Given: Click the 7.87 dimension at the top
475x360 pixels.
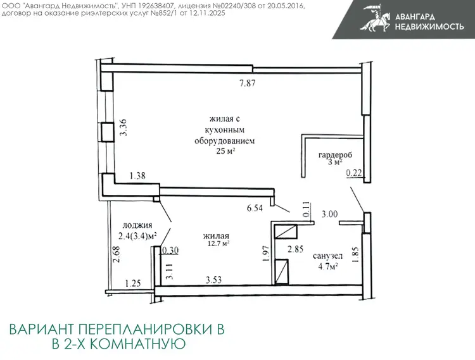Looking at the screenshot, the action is pyautogui.click(x=248, y=83).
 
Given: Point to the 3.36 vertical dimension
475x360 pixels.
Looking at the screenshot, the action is pyautogui.click(x=123, y=127).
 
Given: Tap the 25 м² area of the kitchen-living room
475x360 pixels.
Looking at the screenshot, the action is pyautogui.click(x=225, y=151).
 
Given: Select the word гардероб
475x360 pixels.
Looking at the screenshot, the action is pyautogui.click(x=335, y=155).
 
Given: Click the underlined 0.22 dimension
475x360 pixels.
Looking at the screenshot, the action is pyautogui.click(x=354, y=173).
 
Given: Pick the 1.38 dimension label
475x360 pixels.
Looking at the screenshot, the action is pyautogui.click(x=137, y=175).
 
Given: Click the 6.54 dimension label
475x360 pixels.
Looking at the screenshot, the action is pyautogui.click(x=255, y=208).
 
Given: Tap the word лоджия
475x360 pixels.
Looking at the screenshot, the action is pyautogui.click(x=137, y=225).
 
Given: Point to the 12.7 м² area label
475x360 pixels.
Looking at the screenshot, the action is pyautogui.click(x=218, y=243).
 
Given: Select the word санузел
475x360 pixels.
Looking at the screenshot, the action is pyautogui.click(x=328, y=256).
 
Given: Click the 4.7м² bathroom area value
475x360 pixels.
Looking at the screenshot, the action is pyautogui.click(x=328, y=266).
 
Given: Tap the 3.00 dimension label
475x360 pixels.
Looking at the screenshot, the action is pyautogui.click(x=329, y=214).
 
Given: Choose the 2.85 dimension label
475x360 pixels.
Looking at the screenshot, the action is pyautogui.click(x=295, y=249).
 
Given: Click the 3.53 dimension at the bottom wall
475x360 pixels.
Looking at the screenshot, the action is pyautogui.click(x=214, y=280).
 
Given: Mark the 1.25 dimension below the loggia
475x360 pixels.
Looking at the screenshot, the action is pyautogui.click(x=133, y=283).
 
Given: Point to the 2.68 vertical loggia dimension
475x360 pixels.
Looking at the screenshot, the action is pyautogui.click(x=116, y=254).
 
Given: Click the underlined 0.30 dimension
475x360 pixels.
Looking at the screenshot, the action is pyautogui.click(x=170, y=251).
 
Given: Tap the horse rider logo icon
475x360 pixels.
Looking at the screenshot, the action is pyautogui.click(x=376, y=18).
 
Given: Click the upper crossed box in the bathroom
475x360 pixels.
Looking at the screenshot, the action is pyautogui.click(x=286, y=232).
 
